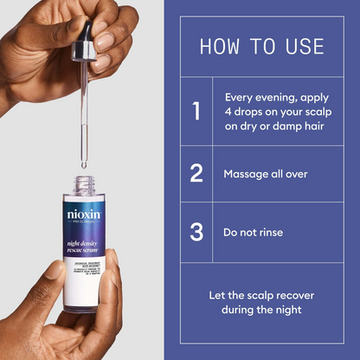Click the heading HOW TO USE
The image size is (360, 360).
coord(261,46)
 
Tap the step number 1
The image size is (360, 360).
coord(196,112)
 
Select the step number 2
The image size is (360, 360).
coord(196,173)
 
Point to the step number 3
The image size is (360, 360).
coord(196,232)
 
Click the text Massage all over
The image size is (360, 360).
coord(266,174)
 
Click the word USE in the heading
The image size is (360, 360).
coord(304,46)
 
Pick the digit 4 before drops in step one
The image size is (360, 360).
coord(228,112)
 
